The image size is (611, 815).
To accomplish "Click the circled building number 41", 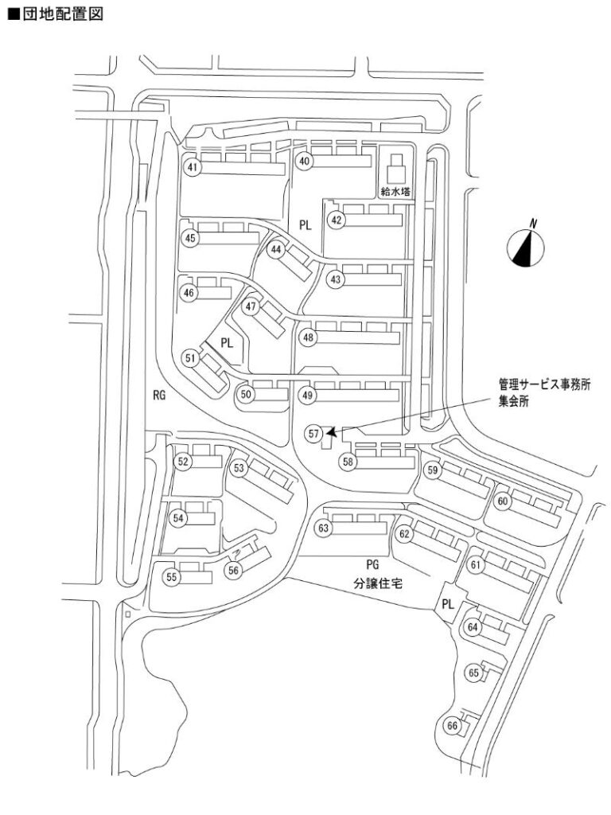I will [192, 167].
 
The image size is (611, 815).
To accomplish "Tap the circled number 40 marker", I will [304, 161].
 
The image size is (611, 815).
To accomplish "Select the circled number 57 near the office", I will [314, 433].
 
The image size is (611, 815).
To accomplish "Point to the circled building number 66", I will [452, 726].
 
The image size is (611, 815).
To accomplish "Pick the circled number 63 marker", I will [323, 528].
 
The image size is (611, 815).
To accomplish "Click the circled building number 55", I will [171, 578].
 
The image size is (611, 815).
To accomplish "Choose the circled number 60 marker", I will [503, 501].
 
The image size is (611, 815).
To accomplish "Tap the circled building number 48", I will [309, 337].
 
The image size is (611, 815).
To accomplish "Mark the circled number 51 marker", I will [190, 359].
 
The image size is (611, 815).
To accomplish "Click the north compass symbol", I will [526, 247].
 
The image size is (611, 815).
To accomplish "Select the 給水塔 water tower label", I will [395, 191].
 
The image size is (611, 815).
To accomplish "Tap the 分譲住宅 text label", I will [378, 583].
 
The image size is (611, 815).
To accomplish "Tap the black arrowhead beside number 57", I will [332, 431].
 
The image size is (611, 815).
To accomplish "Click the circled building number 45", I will [190, 237].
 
